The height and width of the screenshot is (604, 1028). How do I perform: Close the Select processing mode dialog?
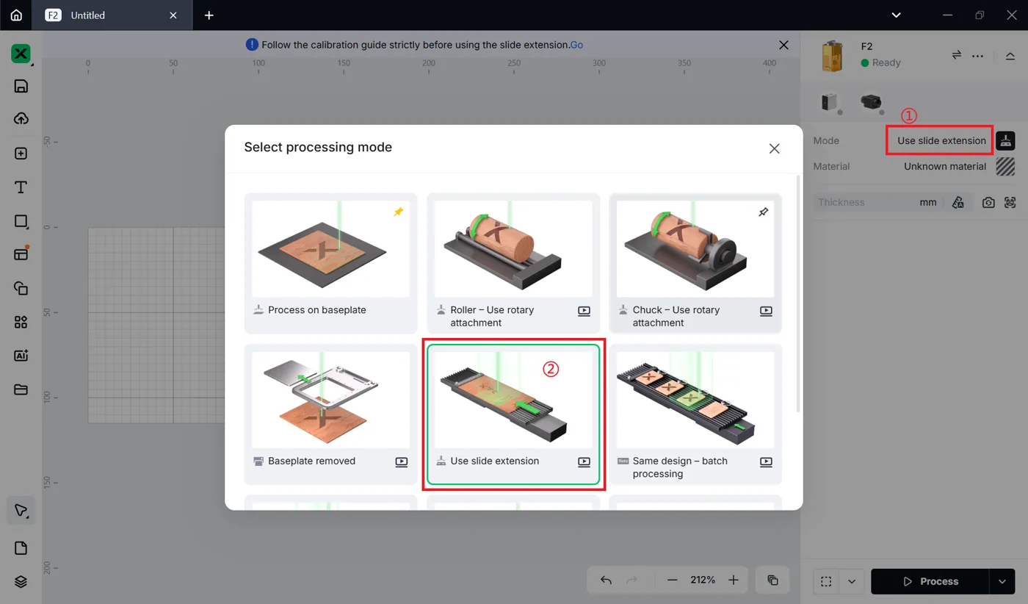click(774, 148)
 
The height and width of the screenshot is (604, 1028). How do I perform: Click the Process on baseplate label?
click(316, 310)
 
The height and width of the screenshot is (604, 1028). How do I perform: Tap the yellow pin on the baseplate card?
click(398, 212)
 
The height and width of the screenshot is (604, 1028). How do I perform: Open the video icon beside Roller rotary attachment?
click(584, 311)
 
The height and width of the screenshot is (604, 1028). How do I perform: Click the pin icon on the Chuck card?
click(763, 212)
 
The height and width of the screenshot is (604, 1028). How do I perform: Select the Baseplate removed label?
click(311, 461)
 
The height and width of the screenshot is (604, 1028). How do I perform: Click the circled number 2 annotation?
click(551, 369)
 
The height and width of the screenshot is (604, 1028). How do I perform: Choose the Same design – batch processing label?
click(680, 467)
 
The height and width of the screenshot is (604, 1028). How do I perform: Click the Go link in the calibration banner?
click(576, 45)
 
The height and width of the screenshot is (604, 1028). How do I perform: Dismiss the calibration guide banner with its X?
click(783, 45)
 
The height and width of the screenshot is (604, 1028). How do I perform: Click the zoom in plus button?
click(734, 580)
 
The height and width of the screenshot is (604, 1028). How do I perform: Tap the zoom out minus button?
click(672, 580)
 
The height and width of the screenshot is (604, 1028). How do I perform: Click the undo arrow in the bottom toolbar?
click(606, 580)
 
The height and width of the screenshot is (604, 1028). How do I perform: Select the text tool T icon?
click(21, 187)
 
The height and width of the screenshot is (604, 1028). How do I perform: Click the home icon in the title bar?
click(16, 15)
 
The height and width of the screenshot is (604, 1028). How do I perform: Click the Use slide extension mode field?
click(941, 140)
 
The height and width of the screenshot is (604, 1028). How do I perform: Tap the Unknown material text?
click(945, 166)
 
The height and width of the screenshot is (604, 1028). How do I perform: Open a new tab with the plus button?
click(209, 15)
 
